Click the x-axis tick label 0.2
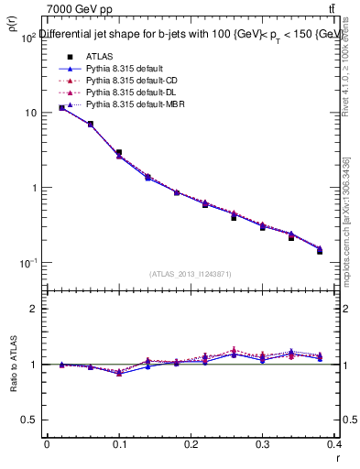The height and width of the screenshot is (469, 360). (x=191, y=443)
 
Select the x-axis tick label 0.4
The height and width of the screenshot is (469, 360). (x=334, y=443)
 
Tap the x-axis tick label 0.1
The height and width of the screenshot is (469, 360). (x=118, y=443)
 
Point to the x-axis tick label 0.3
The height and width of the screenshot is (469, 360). (x=263, y=443)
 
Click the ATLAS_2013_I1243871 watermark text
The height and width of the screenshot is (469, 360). (x=190, y=274)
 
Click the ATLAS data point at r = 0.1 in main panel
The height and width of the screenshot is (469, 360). (x=119, y=152)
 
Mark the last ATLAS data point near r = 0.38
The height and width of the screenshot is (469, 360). (x=320, y=250)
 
